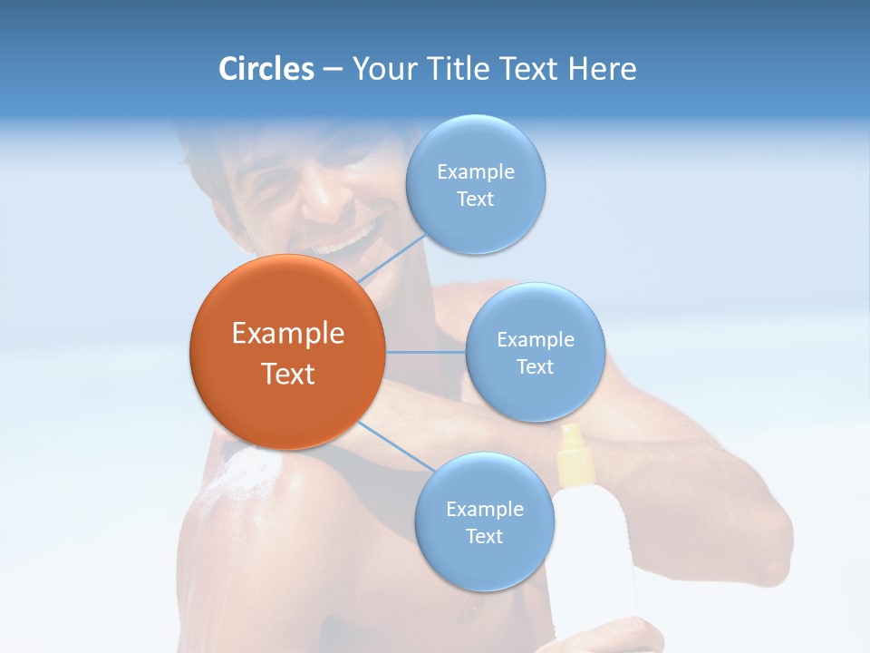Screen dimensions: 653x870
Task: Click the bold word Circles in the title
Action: point(266,69)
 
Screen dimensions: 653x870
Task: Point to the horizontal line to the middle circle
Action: point(425,352)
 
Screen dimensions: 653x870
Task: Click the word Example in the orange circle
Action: point(287,334)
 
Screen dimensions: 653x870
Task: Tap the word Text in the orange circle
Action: point(287,374)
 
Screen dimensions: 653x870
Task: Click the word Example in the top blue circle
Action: point(475,171)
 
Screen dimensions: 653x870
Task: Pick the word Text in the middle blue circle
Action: point(535,366)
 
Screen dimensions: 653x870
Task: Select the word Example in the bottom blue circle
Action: point(484,509)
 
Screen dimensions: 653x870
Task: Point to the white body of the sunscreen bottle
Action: point(594,562)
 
